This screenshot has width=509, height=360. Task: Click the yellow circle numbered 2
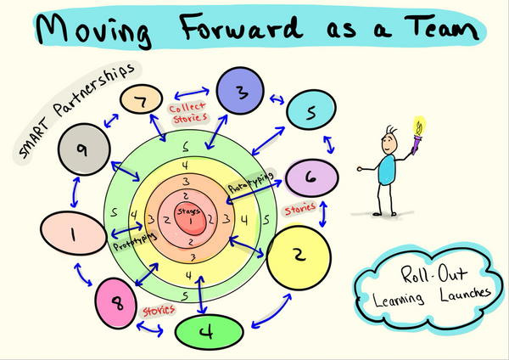point(299,255)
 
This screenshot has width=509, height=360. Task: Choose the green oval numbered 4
point(208,332)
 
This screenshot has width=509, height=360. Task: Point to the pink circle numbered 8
point(120,302)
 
